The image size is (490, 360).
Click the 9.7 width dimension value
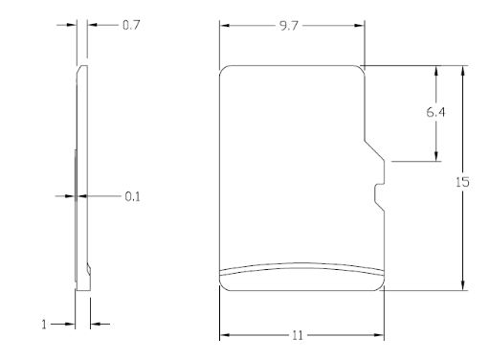[x=289, y=26]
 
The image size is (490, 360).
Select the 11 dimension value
[x=298, y=335]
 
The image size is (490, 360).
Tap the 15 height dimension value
[x=462, y=182]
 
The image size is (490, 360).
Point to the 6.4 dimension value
[x=435, y=112]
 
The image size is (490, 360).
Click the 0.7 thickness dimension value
[x=131, y=25]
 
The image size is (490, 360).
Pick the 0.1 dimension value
[x=132, y=196]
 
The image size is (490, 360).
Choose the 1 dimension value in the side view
[x=44, y=325]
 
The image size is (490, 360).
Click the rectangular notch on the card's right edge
[x=380, y=192]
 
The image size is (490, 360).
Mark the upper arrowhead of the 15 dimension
[x=463, y=71]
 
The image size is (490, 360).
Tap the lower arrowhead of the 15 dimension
[x=463, y=285]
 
